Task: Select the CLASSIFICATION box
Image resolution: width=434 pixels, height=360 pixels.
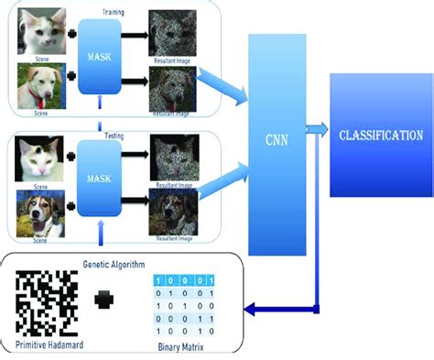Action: tap(380, 135)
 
